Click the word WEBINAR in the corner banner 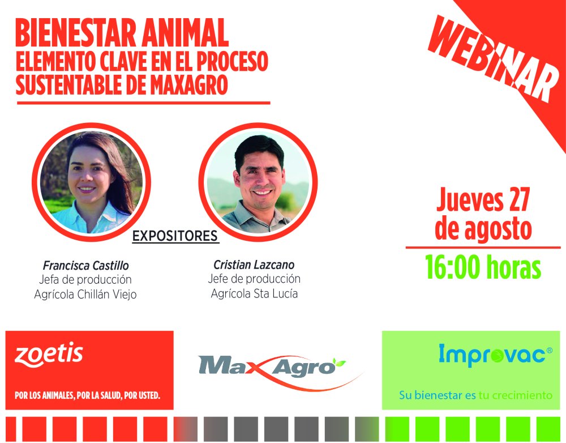click(493, 58)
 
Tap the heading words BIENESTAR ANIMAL click(122, 33)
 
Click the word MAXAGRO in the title click(189, 84)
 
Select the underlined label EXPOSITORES click(175, 236)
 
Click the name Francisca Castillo click(86, 266)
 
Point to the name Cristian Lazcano click(254, 265)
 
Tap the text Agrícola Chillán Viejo click(85, 294)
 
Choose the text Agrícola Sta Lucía click(255, 293)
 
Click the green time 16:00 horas click(483, 267)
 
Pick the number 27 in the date click(519, 199)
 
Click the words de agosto click(483, 228)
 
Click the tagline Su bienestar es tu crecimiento click(475, 395)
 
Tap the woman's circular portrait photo click(91, 182)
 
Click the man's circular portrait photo click(258, 182)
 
